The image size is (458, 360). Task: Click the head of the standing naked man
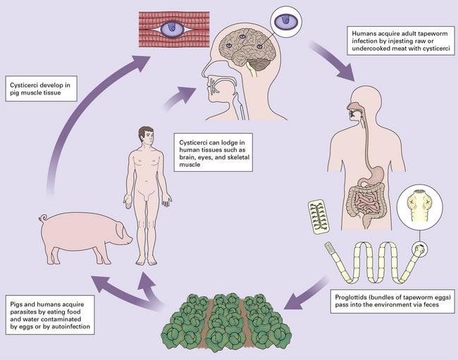[x=146, y=135]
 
